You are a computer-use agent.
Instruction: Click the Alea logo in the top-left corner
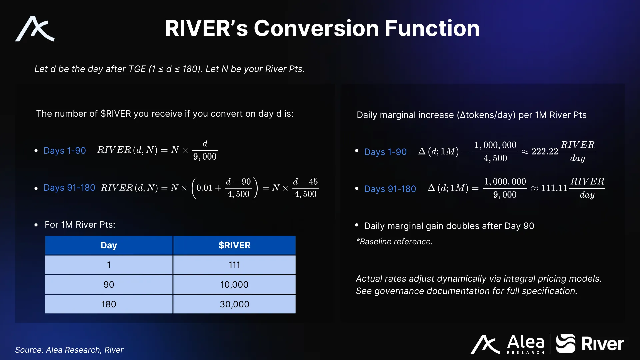click(x=35, y=29)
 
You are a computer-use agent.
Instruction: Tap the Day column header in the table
click(x=109, y=245)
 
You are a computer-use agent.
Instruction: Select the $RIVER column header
click(x=234, y=245)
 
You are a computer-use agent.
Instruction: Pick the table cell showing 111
click(x=234, y=265)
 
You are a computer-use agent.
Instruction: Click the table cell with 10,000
click(x=234, y=285)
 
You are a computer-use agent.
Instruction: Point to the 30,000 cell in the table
click(x=234, y=304)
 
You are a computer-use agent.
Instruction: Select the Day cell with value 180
click(x=109, y=304)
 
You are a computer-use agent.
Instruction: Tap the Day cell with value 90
click(x=109, y=285)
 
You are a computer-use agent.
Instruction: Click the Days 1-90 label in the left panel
click(x=65, y=151)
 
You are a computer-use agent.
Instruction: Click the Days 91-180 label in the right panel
click(x=390, y=189)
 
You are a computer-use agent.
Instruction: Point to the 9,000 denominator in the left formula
click(x=205, y=157)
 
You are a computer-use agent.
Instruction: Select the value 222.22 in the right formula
click(x=545, y=152)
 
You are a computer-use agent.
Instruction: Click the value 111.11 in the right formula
click(x=554, y=188)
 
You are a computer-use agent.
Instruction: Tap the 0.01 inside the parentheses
click(x=204, y=188)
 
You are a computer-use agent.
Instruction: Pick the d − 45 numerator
click(x=305, y=182)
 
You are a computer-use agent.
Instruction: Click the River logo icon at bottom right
click(x=566, y=343)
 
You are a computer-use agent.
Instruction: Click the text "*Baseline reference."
click(x=394, y=242)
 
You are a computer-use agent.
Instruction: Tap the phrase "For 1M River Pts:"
click(x=80, y=225)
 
